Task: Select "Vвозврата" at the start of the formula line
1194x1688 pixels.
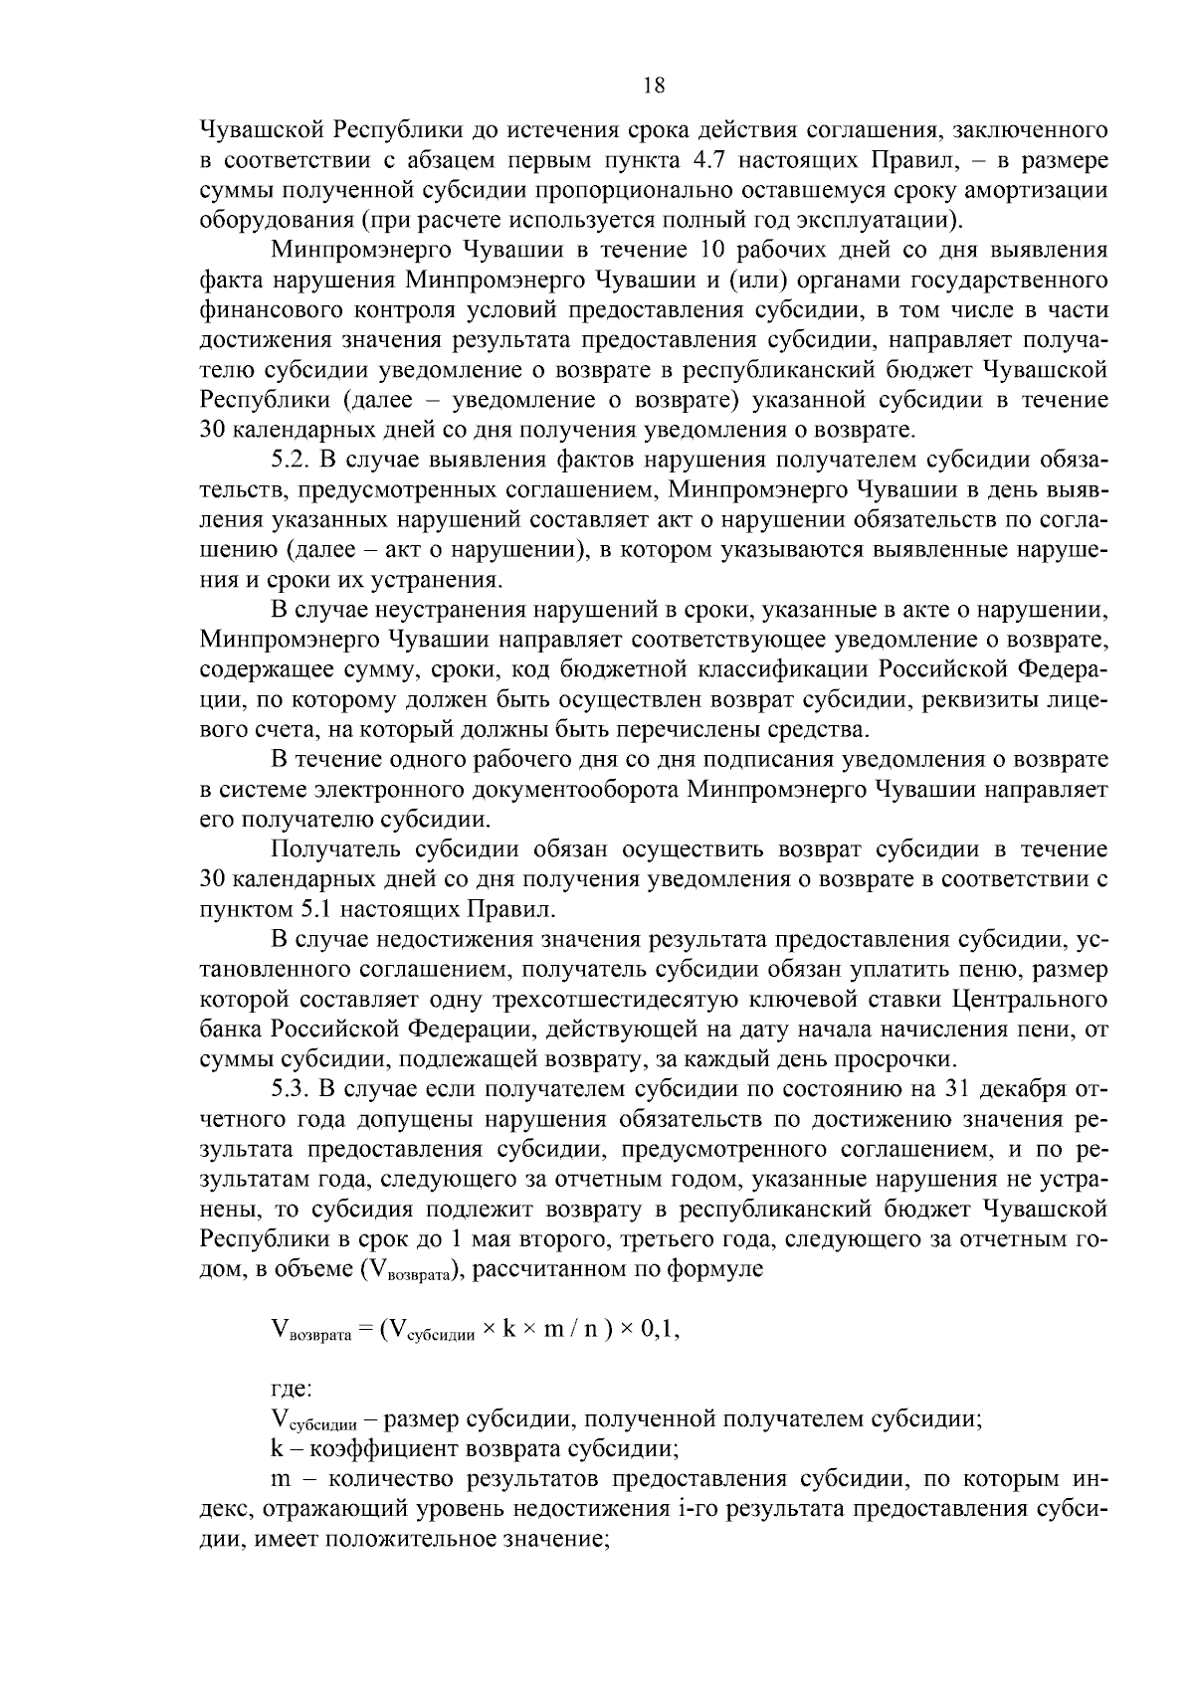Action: [x=310, y=1333]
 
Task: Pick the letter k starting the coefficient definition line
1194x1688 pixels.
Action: [x=278, y=1448]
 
